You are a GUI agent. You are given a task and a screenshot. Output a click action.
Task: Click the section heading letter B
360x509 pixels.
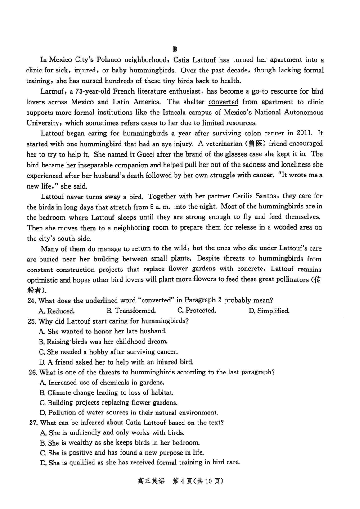tap(175, 49)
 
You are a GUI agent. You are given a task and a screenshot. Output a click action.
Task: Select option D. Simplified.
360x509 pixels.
tap(269, 311)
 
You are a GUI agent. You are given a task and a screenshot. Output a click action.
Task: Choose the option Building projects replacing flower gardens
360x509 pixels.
tap(108, 402)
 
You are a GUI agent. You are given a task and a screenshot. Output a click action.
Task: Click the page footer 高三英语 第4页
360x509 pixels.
tap(180, 481)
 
